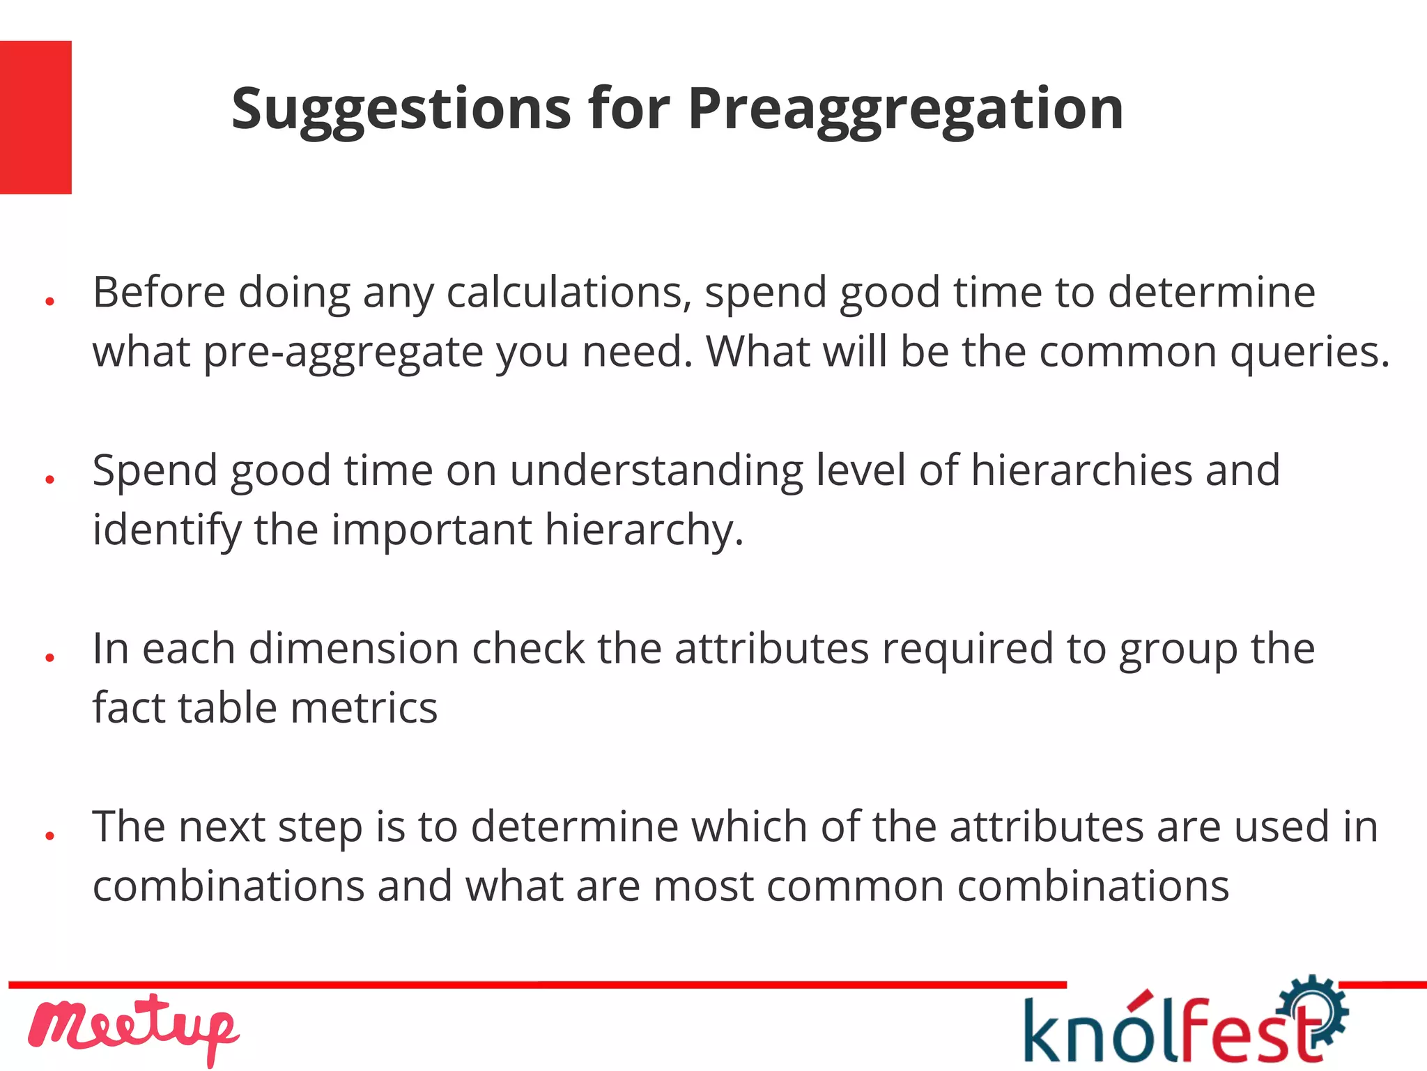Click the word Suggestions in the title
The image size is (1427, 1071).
point(401,110)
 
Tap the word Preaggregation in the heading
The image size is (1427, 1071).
point(905,110)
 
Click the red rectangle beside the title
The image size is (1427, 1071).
point(36,117)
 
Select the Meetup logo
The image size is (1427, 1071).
point(133,1028)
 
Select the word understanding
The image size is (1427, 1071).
point(656,470)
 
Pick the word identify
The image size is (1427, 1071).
point(167,530)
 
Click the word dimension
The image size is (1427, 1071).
point(354,649)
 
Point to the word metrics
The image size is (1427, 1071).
point(364,708)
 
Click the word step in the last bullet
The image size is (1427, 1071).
point(320,827)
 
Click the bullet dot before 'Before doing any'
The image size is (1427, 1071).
point(49,302)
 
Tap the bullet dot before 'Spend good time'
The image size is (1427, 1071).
point(49,479)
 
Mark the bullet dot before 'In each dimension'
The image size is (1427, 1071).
point(49,658)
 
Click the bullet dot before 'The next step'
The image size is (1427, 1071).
point(49,835)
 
